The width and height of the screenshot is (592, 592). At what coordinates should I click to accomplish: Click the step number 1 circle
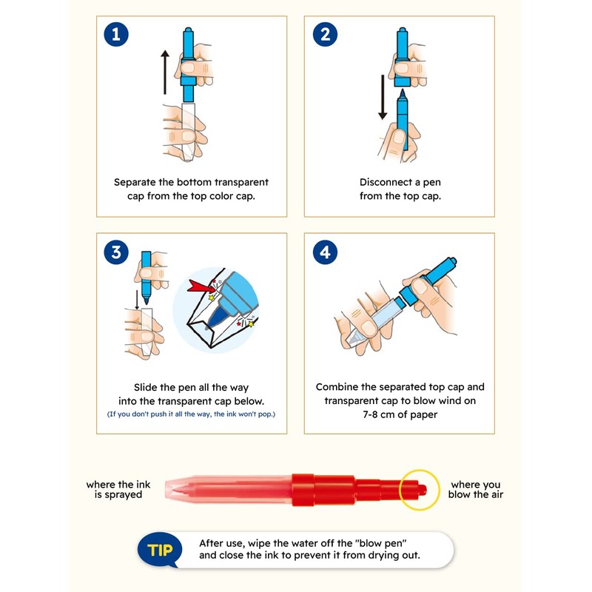[x=116, y=34]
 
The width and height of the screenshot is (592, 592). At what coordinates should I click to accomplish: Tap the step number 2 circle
[x=325, y=34]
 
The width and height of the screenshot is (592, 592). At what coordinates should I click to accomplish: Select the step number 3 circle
[x=116, y=252]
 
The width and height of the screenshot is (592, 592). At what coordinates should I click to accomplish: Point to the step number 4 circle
[x=325, y=252]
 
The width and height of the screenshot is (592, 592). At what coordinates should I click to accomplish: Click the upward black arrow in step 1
[x=165, y=72]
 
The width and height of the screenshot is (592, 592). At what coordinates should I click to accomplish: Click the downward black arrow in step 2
[x=383, y=97]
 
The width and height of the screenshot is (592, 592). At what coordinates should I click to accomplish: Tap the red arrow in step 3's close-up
[x=200, y=286]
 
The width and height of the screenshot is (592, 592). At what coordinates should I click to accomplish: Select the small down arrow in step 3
[x=137, y=300]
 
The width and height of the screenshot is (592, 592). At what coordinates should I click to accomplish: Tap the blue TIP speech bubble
[x=159, y=549]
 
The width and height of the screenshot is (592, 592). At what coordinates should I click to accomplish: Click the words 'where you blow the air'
[x=476, y=489]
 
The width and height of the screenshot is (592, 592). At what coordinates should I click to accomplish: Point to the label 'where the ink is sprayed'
[x=118, y=489]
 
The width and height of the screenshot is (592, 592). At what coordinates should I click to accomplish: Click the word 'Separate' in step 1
[x=135, y=182]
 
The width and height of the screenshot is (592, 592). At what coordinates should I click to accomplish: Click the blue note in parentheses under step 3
[x=191, y=414]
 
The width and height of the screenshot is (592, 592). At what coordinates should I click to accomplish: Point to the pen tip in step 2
[x=403, y=93]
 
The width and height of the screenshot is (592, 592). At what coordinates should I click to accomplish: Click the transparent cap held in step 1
[x=188, y=132]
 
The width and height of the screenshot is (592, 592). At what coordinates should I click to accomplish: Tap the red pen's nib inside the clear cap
[x=180, y=490]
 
